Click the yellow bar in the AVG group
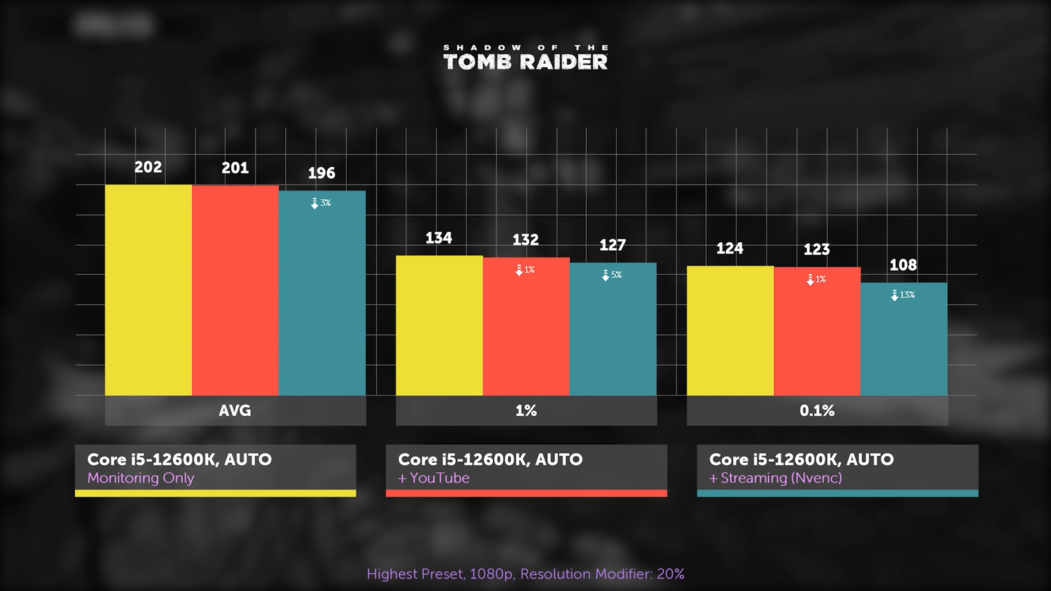click(x=148, y=290)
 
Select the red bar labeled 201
click(x=235, y=290)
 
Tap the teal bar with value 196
click(x=322, y=294)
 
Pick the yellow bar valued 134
click(x=439, y=326)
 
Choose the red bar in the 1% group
click(x=526, y=326)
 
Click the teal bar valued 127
click(x=613, y=329)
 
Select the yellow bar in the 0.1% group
click(x=730, y=331)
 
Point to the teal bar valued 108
click(x=904, y=339)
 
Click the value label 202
click(x=148, y=167)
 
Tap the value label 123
click(x=816, y=250)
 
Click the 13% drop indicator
click(x=903, y=295)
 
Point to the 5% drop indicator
click(x=612, y=275)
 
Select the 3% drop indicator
click(x=321, y=203)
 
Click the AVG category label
click(x=235, y=410)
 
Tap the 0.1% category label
click(x=816, y=410)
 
